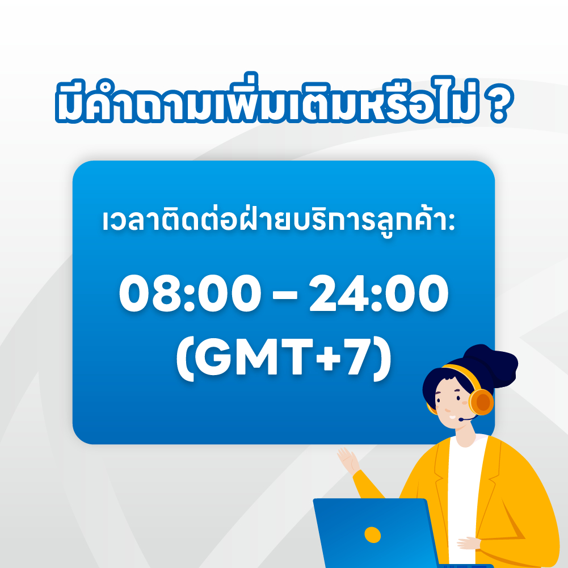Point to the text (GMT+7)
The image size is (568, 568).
pyautogui.click(x=284, y=359)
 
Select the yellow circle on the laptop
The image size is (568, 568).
pyautogui.click(x=372, y=534)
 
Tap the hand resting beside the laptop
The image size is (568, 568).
pyautogui.click(x=469, y=543)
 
